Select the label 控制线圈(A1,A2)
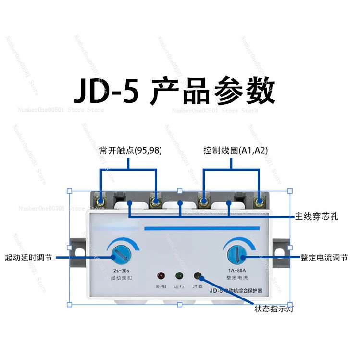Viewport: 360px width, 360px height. pyautogui.click(x=235, y=151)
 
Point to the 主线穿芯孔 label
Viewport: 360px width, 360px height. pyautogui.click(x=317, y=217)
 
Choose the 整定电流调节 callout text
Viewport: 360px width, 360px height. pyautogui.click(x=323, y=257)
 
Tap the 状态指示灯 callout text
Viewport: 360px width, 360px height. pyautogui.click(x=274, y=308)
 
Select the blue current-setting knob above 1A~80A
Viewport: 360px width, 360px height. pyautogui.click(x=235, y=252)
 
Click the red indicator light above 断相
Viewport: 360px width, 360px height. pyautogui.click(x=161, y=276)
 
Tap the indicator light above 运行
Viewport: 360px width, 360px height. pyautogui.click(x=179, y=276)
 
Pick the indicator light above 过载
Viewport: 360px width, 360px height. pyautogui.click(x=198, y=276)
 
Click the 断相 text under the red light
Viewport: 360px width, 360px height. pyautogui.click(x=161, y=286)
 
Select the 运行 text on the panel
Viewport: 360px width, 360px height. pyautogui.click(x=179, y=286)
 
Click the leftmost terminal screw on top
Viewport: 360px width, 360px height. pyautogui.click(x=101, y=200)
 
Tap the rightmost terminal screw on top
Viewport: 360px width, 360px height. pyautogui.click(x=260, y=200)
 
